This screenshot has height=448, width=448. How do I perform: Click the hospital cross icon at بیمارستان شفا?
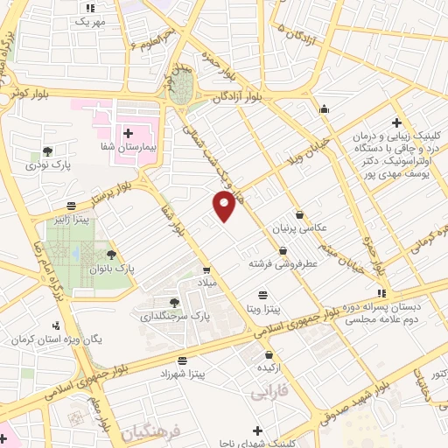tap(128, 133)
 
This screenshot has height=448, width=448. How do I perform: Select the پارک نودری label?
tap(47, 164)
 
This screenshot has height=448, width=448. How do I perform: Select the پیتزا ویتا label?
tap(262, 309)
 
